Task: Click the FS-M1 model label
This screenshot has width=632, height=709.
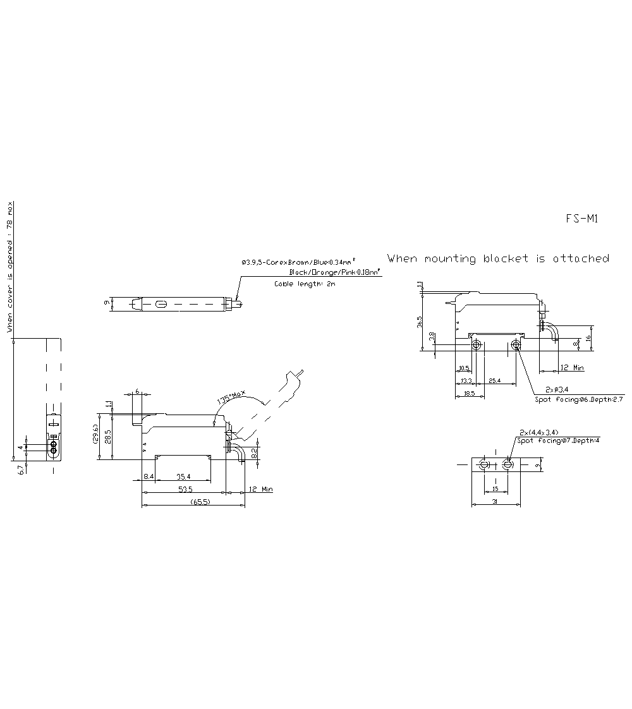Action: coord(581,219)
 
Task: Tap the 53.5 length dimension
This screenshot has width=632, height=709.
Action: coord(185,489)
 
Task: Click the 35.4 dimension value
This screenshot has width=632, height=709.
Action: coord(184,476)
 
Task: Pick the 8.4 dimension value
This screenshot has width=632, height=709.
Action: coord(149,476)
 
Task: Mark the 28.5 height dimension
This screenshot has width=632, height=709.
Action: coord(107,436)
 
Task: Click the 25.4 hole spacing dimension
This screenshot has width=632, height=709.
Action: coord(495,380)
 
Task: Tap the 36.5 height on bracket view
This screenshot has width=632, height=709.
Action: coord(419,322)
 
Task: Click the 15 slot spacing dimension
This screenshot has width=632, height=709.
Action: coord(495,488)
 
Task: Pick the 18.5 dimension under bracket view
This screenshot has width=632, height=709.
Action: coord(468,393)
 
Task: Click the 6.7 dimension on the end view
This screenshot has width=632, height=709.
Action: coord(20,470)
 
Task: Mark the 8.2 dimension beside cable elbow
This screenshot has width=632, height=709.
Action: coord(253,452)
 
